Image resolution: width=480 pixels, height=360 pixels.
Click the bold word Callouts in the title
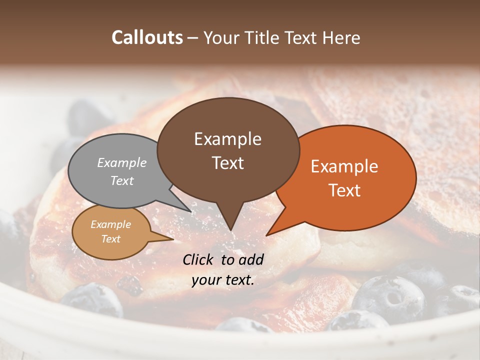tap(147, 37)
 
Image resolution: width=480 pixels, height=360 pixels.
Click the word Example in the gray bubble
tap(122, 162)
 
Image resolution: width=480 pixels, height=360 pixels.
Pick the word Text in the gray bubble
tap(122, 180)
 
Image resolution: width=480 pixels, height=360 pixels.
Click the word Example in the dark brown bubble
tap(227, 139)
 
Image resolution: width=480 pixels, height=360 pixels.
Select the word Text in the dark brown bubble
tap(227, 163)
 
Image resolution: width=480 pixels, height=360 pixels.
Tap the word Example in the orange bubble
tap(344, 166)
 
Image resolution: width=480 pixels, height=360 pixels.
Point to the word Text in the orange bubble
tap(344, 190)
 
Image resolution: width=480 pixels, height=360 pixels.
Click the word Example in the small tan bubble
tap(110, 224)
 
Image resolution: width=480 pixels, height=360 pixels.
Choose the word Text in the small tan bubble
tap(110, 239)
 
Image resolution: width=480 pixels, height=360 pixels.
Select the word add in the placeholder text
tap(251, 259)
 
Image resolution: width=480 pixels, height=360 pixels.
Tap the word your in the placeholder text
tap(205, 280)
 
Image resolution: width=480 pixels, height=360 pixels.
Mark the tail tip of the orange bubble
tap(266, 235)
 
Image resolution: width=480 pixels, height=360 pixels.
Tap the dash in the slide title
tap(193, 38)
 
